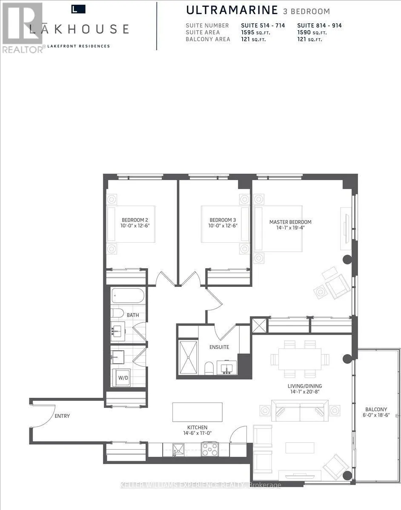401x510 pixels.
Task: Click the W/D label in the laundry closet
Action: [123, 378]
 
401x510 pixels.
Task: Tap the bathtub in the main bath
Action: [128, 295]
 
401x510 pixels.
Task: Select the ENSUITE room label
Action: [219, 347]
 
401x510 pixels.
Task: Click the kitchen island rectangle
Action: [198, 412]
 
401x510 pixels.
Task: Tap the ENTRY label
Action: [62, 416]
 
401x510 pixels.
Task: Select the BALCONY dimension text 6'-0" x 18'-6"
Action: [376, 415]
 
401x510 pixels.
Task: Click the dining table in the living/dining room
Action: [300, 359]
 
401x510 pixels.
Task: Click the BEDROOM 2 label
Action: [135, 220]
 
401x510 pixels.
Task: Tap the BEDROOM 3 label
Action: [223, 220]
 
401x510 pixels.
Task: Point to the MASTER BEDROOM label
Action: [290, 222]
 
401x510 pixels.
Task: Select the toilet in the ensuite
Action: [209, 368]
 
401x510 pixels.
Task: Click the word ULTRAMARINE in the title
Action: [232, 10]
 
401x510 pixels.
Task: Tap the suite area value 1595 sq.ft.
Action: [256, 32]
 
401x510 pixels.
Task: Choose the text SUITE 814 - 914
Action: [319, 25]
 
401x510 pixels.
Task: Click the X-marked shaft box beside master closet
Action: [260, 325]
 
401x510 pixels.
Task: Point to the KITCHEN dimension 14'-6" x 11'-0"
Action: [198, 433]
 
